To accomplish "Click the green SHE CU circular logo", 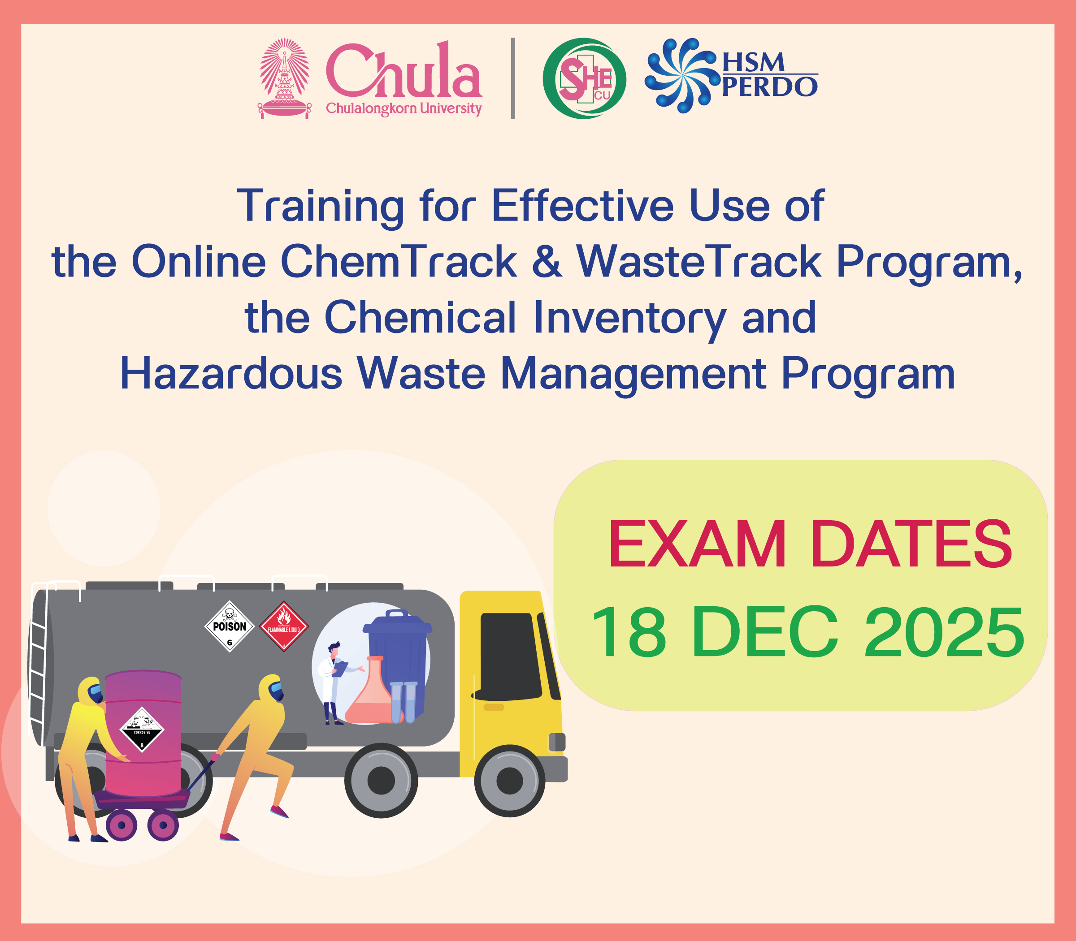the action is click(584, 78).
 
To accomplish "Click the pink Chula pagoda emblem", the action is click(284, 78).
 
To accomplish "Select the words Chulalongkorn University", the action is click(403, 109).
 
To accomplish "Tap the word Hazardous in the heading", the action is click(231, 373).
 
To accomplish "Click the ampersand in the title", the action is click(547, 262).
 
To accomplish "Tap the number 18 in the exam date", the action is click(629, 632).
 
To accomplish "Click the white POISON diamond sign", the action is click(230, 626).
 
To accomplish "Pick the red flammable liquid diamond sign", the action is click(284, 626).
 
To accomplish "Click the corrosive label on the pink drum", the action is click(142, 729).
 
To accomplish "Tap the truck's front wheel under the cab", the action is click(510, 780).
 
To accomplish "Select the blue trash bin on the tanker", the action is click(398, 662).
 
